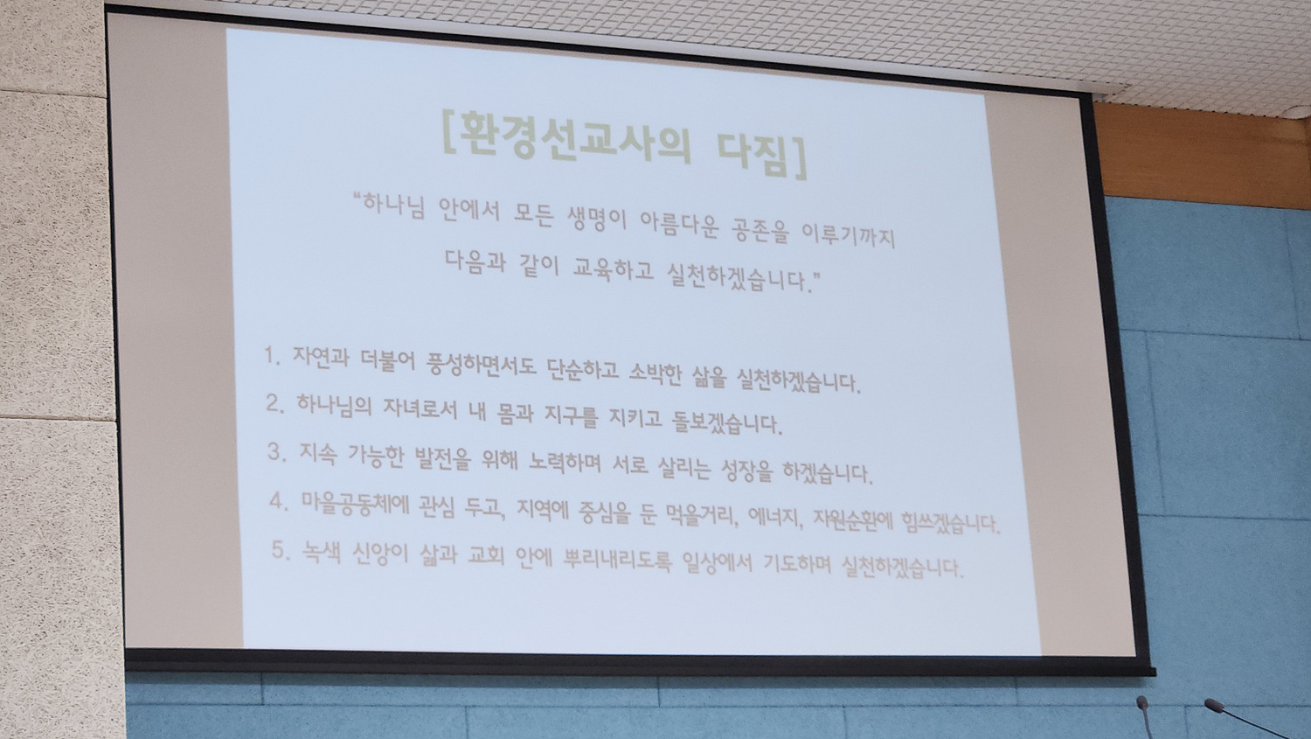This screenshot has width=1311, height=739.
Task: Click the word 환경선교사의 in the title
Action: click(x=573, y=137)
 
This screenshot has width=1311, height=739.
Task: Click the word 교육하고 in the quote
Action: click(x=612, y=268)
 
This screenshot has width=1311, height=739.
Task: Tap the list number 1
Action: click(x=270, y=354)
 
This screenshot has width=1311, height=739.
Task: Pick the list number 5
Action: click(x=281, y=550)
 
